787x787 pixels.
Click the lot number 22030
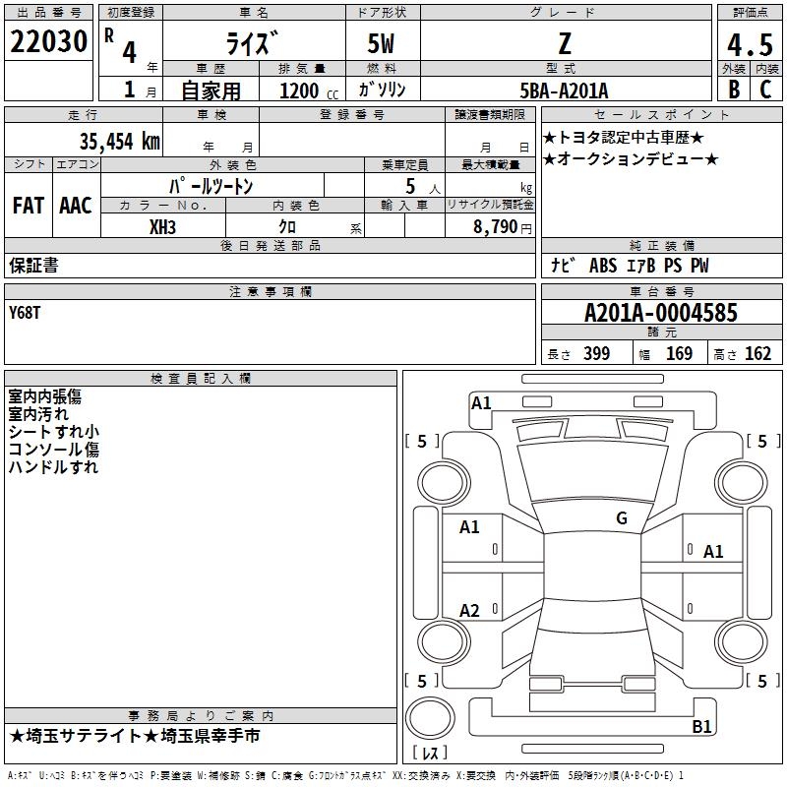pyautogui.click(x=48, y=41)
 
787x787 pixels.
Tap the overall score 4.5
pyautogui.click(x=751, y=45)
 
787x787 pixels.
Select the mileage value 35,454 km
pyautogui.click(x=119, y=142)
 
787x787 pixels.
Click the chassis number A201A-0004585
pyautogui.click(x=661, y=313)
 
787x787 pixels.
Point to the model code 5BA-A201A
pyautogui.click(x=564, y=91)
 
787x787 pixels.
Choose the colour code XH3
pyautogui.click(x=162, y=227)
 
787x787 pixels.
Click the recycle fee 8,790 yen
pyautogui.click(x=503, y=227)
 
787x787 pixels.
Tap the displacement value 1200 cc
pyautogui.click(x=309, y=91)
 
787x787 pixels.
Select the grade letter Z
pyautogui.click(x=565, y=44)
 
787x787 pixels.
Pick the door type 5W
pyautogui.click(x=381, y=43)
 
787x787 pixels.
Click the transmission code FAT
pyautogui.click(x=29, y=206)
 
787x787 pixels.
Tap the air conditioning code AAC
pyautogui.click(x=76, y=206)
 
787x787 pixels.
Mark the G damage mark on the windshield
pyautogui.click(x=622, y=518)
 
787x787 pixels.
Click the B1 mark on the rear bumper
pyautogui.click(x=701, y=726)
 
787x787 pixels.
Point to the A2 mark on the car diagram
pyautogui.click(x=469, y=610)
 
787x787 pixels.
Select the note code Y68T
pyautogui.click(x=24, y=313)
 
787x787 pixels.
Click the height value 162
pyautogui.click(x=757, y=353)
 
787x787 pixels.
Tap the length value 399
pyautogui.click(x=596, y=353)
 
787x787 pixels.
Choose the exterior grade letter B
pyautogui.click(x=734, y=90)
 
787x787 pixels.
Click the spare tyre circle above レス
pyautogui.click(x=430, y=718)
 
